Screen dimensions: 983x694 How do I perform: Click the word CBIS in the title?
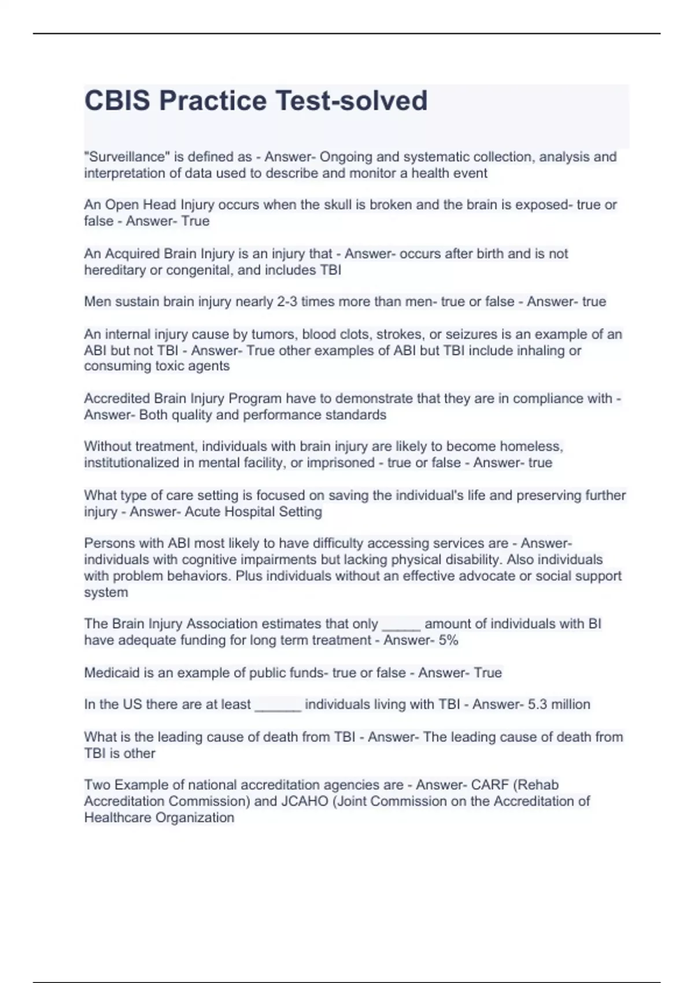click(117, 101)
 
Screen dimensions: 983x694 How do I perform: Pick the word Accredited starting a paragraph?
click(117, 398)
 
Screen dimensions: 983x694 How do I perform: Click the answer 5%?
click(448, 640)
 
